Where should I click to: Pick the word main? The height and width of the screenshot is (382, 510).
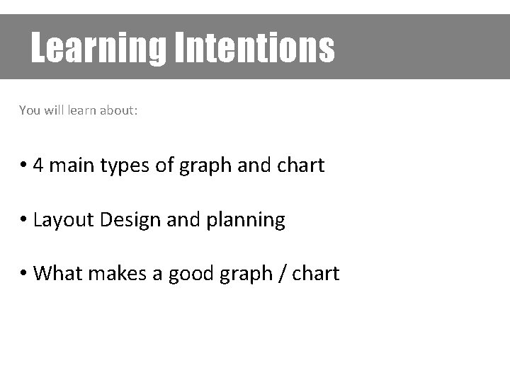pos(72,166)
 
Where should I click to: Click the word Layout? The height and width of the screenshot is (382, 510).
pos(64,220)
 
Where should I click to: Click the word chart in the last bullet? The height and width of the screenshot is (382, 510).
pos(317,273)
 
